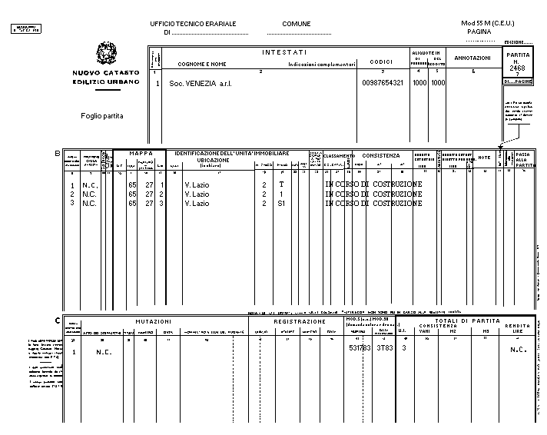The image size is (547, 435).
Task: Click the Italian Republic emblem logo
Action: click(x=105, y=55)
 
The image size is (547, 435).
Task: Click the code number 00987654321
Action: click(x=382, y=83)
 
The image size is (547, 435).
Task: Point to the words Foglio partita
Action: click(x=101, y=116)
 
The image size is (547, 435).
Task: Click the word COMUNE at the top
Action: click(x=297, y=24)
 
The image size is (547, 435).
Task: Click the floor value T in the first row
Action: click(x=281, y=185)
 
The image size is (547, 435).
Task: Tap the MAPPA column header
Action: click(x=139, y=154)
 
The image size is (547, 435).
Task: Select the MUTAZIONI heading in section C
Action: click(x=154, y=321)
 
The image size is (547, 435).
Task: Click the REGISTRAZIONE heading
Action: click(x=299, y=321)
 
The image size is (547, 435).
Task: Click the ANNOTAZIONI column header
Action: click(x=472, y=58)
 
